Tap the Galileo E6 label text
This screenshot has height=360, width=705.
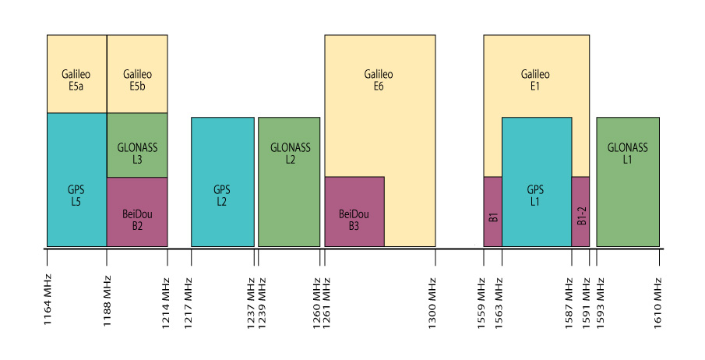click(379, 79)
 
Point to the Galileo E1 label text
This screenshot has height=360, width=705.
click(535, 79)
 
